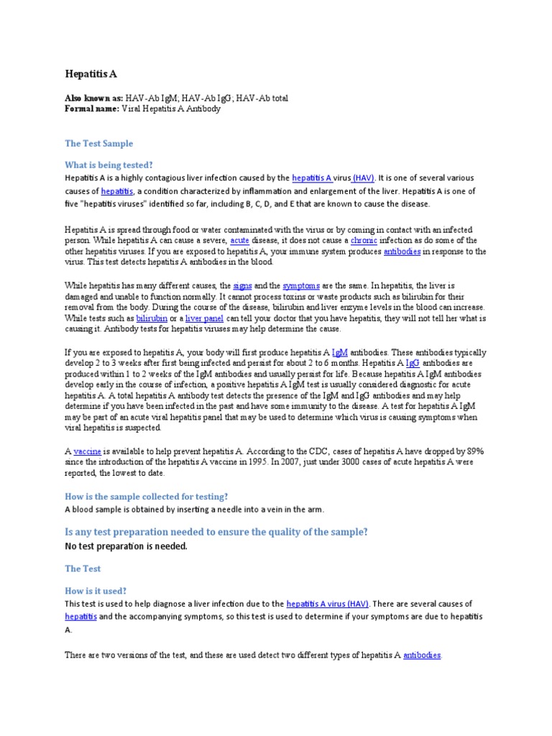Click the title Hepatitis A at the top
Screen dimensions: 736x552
pos(91,74)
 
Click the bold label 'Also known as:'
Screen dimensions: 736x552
pos(93,98)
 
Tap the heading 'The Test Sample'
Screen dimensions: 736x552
pos(99,144)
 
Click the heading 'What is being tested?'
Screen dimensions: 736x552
pos(109,164)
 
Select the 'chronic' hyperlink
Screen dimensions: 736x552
pos(364,241)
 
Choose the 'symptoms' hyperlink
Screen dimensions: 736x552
pos(300,286)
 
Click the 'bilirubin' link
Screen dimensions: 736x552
pos(152,318)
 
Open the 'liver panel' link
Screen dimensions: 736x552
pos(203,318)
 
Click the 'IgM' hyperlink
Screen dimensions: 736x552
pos(340,353)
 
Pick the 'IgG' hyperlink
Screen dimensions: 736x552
pos(412,364)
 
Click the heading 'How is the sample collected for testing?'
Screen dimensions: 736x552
pos(146,497)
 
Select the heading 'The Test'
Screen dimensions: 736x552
pos(83,569)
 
